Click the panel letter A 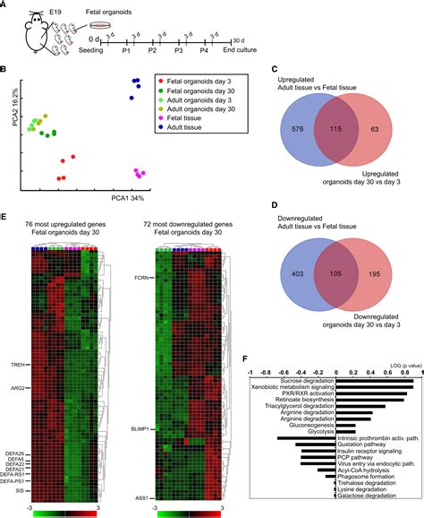(4, 5)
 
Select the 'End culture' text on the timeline (237, 53)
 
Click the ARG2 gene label (19, 388)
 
